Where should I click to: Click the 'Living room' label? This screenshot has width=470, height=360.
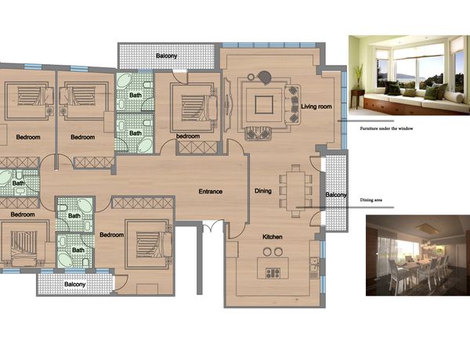(x=316, y=106)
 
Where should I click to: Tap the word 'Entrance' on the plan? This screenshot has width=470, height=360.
(x=211, y=192)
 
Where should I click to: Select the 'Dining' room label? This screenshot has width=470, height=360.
(x=263, y=191)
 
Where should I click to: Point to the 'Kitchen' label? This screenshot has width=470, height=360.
(x=273, y=237)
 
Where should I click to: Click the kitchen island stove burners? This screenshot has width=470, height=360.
(x=273, y=273)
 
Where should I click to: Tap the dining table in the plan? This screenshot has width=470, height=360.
(x=295, y=190)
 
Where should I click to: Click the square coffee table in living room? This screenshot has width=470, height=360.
(x=264, y=105)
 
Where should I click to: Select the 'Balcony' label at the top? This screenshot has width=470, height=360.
(x=166, y=56)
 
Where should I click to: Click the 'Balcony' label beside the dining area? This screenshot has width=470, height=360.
(x=336, y=195)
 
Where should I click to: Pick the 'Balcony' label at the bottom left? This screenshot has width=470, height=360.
(x=75, y=284)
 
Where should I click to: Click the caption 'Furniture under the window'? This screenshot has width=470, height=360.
(x=386, y=128)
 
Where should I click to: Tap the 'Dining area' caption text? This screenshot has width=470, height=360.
(x=371, y=200)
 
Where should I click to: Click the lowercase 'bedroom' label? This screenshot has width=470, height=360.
(x=188, y=136)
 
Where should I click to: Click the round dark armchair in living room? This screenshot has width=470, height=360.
(x=265, y=77)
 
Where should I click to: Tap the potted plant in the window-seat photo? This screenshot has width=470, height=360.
(x=358, y=77)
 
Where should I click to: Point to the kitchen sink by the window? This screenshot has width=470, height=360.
(x=314, y=264)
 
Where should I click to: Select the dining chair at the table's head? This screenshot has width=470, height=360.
(x=295, y=168)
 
